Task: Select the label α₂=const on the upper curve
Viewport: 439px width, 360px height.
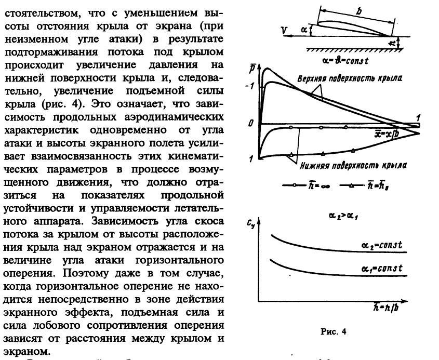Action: [x=382, y=243]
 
